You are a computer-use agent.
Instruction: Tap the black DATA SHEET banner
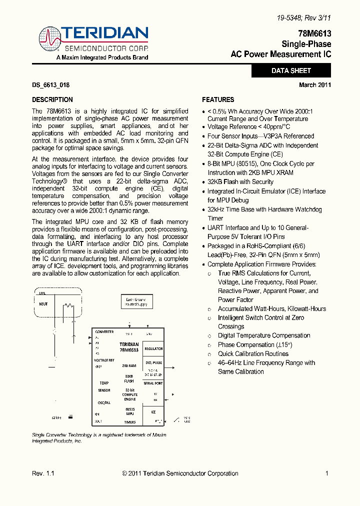291,71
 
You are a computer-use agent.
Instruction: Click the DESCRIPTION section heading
52,99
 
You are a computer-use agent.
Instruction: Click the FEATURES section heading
218,99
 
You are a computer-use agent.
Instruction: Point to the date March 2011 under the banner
315,85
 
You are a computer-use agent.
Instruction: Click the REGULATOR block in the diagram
153,349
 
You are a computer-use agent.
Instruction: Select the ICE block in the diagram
153,411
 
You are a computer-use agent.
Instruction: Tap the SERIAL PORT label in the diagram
153,383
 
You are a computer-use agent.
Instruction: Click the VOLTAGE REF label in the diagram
104,360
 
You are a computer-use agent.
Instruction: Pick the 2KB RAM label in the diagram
129,365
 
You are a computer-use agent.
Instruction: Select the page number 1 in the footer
326,473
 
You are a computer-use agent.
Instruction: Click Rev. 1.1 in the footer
43,473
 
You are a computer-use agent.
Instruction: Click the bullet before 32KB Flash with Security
203,182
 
